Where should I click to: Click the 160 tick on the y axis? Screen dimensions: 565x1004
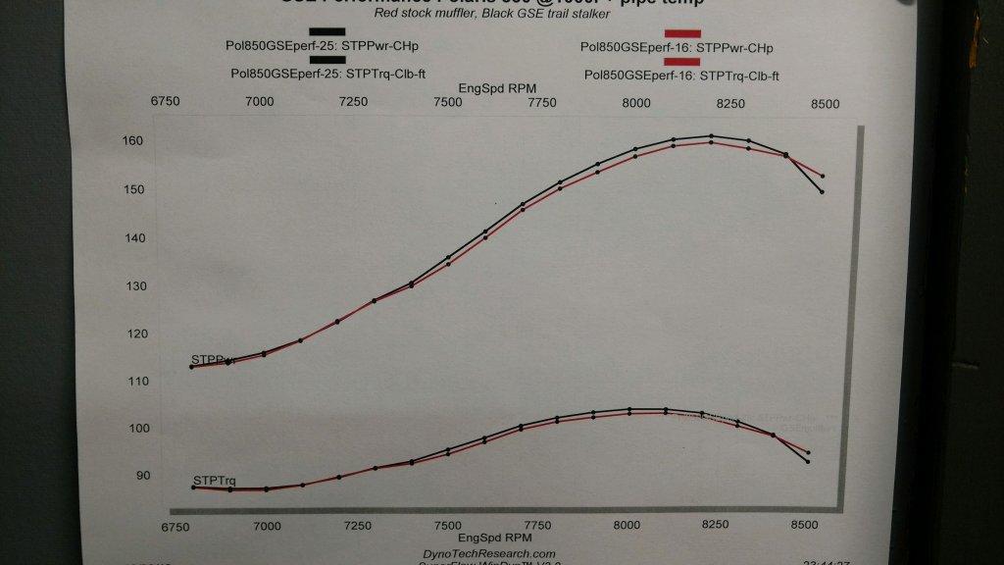(132, 141)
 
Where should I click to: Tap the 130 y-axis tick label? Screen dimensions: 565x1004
(132, 286)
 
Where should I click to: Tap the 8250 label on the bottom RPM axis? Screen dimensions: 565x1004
(716, 526)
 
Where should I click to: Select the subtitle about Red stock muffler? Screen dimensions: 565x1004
(477, 14)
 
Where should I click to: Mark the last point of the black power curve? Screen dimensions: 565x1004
(822, 192)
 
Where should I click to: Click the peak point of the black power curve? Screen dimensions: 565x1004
(710, 136)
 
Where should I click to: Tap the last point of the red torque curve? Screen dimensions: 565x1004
(808, 452)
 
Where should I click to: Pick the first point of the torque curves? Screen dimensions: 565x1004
(193, 487)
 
